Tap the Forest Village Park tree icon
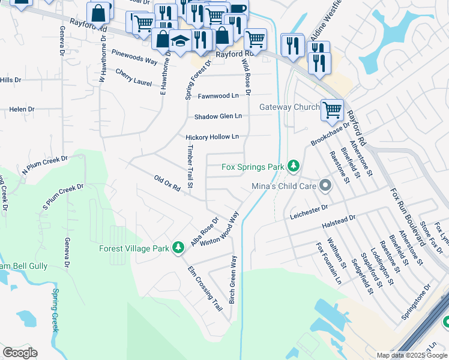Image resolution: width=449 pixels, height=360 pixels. point(178,247)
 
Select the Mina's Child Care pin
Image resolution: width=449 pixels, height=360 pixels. point(325,185)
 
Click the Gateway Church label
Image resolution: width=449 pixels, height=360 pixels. point(289,107)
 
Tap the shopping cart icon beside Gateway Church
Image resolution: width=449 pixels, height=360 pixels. point(332,110)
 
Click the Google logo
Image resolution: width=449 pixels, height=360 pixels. point(20,353)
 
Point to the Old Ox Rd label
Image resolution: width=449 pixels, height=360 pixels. point(167,183)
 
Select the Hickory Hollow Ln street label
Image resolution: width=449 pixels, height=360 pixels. point(212,137)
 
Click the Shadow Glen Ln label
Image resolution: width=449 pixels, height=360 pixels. point(218,116)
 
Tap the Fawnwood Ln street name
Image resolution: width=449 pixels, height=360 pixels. point(218,95)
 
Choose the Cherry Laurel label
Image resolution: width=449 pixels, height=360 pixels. point(133,78)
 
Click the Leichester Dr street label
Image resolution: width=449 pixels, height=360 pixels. point(309,211)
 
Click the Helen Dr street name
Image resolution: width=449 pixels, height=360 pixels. point(22,109)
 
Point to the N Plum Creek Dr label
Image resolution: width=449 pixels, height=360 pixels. point(45,166)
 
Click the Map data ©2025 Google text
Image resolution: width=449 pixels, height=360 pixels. point(411,355)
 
